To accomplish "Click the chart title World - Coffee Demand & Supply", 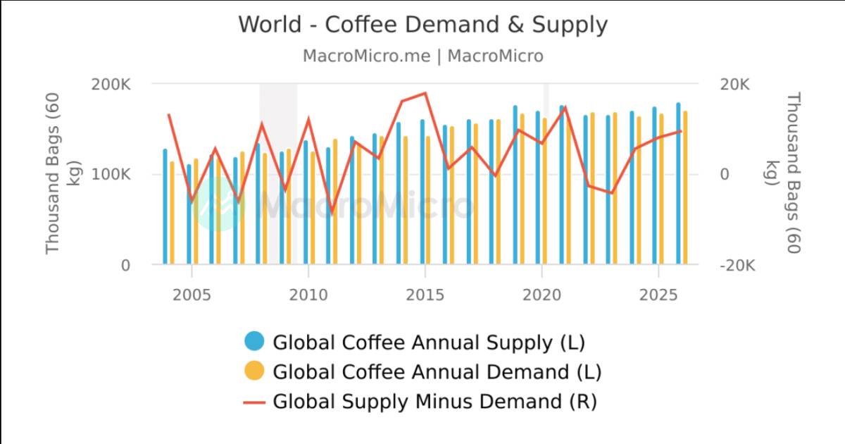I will tap(423, 25).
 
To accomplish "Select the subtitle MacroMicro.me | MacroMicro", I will tap(423, 56).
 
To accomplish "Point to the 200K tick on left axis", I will tap(111, 85).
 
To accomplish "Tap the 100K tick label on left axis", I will tap(111, 175).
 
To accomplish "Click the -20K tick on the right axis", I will tap(737, 266).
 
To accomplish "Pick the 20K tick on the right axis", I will tap(735, 85).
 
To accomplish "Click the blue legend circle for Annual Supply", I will tap(254, 342).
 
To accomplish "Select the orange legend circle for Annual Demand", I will tap(254, 371).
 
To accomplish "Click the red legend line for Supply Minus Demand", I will tap(254, 402).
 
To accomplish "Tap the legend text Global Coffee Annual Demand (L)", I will tap(437, 371).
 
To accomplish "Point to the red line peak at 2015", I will tap(425, 93).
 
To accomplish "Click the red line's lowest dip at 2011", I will tap(332, 211).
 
